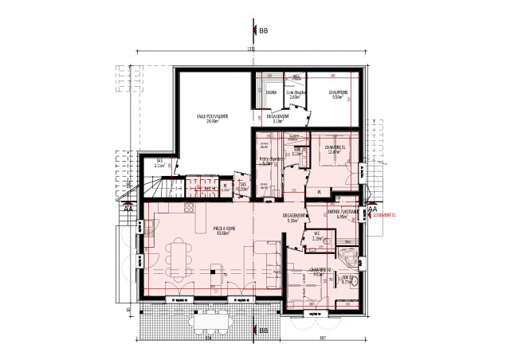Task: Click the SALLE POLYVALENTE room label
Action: tap(213, 116)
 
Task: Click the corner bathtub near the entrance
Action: tap(348, 256)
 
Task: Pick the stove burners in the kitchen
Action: tap(190, 209)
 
